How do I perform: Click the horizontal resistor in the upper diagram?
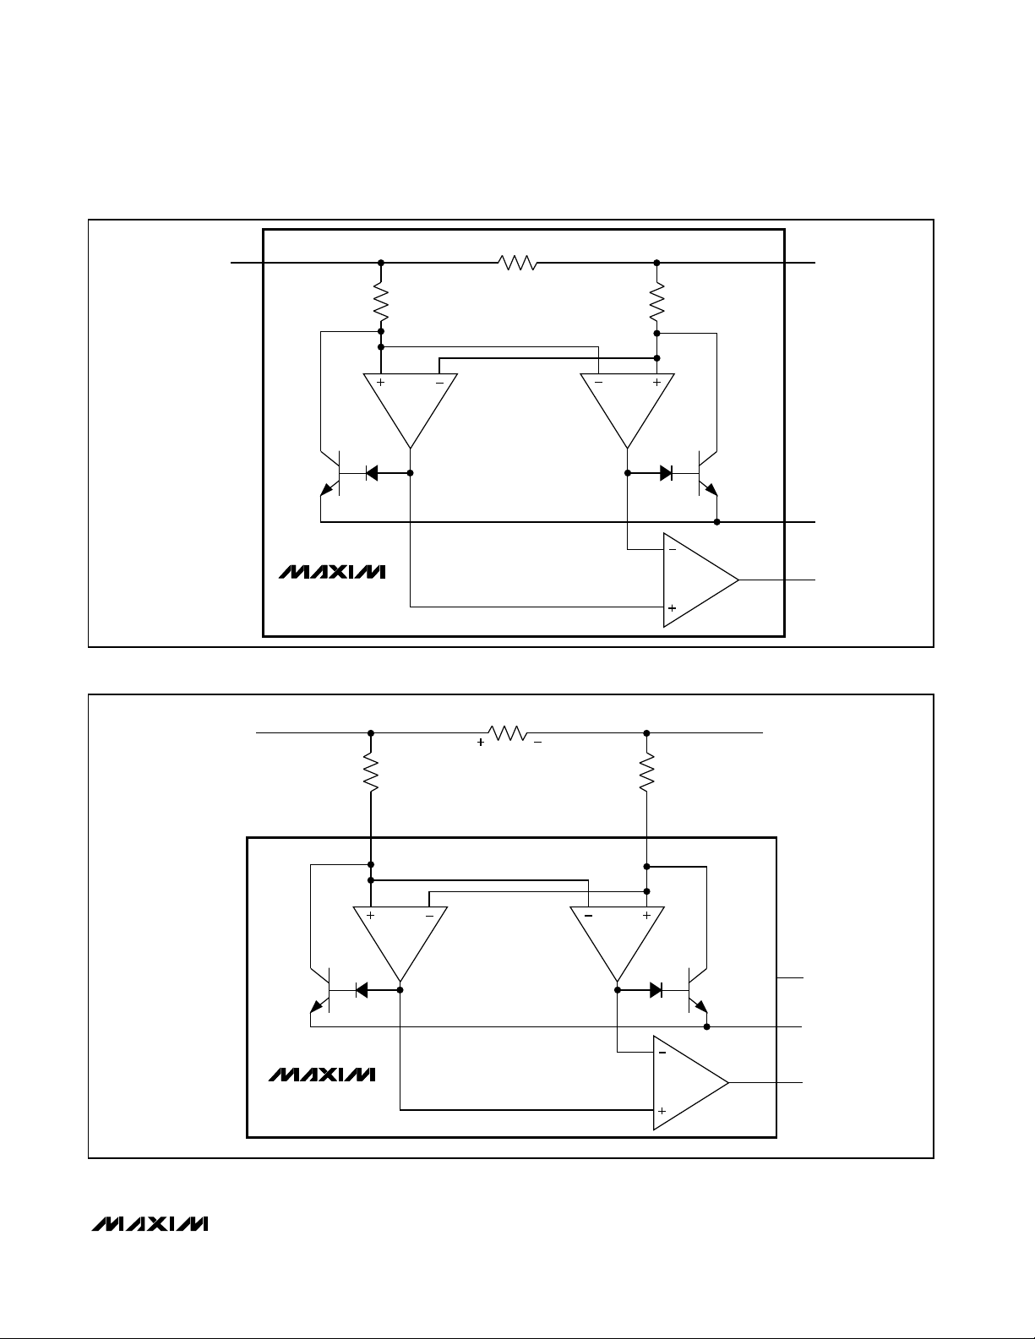pos(519,264)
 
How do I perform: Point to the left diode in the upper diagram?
pos(372,473)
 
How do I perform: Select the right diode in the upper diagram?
pos(666,473)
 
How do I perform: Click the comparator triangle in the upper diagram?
pos(695,580)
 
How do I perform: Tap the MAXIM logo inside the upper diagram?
pos(332,572)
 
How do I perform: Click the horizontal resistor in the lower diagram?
pos(509,733)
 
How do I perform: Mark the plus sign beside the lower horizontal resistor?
pos(481,743)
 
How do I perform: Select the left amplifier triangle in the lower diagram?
pos(400,938)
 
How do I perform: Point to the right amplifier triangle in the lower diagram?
pos(618,938)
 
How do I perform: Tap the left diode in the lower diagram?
pos(362,990)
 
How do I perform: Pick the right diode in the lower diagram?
pos(656,990)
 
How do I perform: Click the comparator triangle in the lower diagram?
pos(685,1083)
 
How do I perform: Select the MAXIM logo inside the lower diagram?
pos(322,1075)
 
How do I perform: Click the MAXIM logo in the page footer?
pos(149,1224)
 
